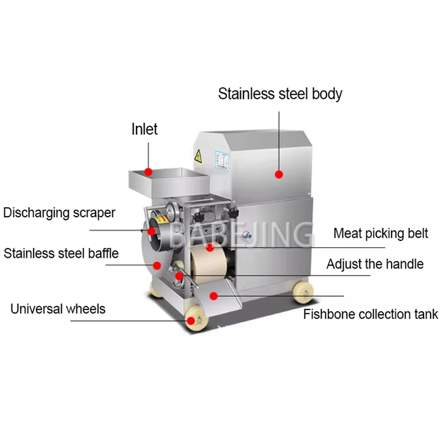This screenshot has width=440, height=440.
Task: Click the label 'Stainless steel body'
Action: (x=280, y=94)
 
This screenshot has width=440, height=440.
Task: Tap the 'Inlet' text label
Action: (x=145, y=129)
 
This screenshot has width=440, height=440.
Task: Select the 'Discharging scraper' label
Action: (x=59, y=213)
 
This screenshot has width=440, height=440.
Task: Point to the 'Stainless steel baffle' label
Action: (x=61, y=254)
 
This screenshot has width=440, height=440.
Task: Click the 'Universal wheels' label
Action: (x=58, y=309)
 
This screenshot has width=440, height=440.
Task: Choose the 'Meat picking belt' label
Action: (x=381, y=233)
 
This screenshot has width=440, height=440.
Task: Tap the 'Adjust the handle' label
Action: (x=375, y=264)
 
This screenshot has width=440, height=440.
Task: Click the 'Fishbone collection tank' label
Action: (x=371, y=314)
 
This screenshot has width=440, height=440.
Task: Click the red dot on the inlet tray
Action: (x=148, y=172)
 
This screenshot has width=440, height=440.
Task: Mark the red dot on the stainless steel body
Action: (x=279, y=174)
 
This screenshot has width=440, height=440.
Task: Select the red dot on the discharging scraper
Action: (x=152, y=232)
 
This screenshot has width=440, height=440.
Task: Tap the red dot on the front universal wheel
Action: (x=191, y=321)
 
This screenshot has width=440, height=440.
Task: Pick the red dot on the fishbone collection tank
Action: (x=213, y=296)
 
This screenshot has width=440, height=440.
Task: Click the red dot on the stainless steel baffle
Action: (x=157, y=266)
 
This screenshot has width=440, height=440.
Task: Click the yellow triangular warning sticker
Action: (x=198, y=156)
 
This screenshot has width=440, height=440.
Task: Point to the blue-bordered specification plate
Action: (x=222, y=160)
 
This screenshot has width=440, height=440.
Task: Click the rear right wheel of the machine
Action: (x=303, y=292)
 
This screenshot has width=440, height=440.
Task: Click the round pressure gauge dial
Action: (x=172, y=210)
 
